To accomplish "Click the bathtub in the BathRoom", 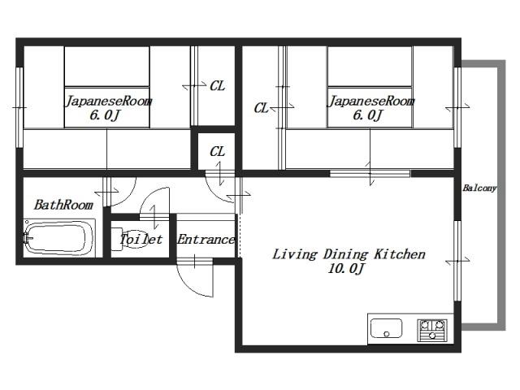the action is pos(59,238).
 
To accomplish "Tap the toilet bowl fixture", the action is pos(132,239).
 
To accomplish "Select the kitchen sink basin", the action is pos(386,328).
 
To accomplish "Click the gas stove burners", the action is pos(432,330).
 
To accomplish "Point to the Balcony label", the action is pos(479,188).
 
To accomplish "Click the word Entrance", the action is pos(206,239).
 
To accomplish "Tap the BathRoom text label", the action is pos(63,205).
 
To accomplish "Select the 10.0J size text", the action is pos(346,268).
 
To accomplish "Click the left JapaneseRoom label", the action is pos(108,101).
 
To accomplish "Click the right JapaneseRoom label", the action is pos(371,101).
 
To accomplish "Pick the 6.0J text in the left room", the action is pos(105,115).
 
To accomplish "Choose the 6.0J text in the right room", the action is pos(368,115).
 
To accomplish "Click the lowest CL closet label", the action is pos(217,152).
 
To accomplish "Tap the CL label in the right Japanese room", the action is pos(261,108).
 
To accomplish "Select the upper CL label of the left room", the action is pos(217,86).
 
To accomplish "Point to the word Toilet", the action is pos(141,239).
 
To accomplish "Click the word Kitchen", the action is pos(400,254).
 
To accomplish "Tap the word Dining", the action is pos(345,254).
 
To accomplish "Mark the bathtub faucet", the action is pos(27,238).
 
